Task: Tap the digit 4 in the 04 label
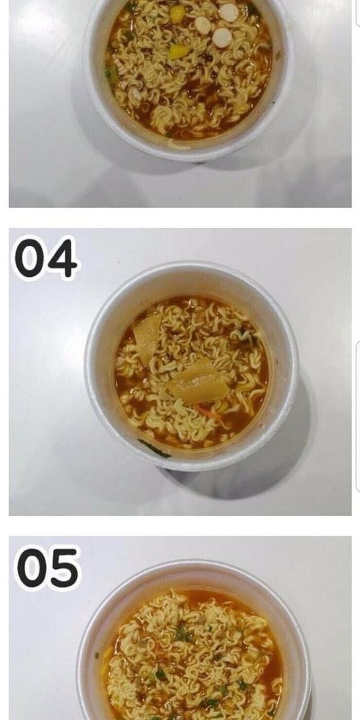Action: (x=62, y=258)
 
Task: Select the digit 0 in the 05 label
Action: (x=31, y=568)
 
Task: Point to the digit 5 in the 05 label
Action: (x=62, y=568)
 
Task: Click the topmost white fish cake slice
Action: (x=228, y=12)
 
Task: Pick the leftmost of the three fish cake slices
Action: (x=202, y=25)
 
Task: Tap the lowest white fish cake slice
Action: (x=222, y=37)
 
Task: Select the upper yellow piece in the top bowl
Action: (x=177, y=13)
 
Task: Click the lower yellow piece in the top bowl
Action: (x=178, y=51)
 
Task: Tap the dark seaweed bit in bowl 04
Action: (x=248, y=334)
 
